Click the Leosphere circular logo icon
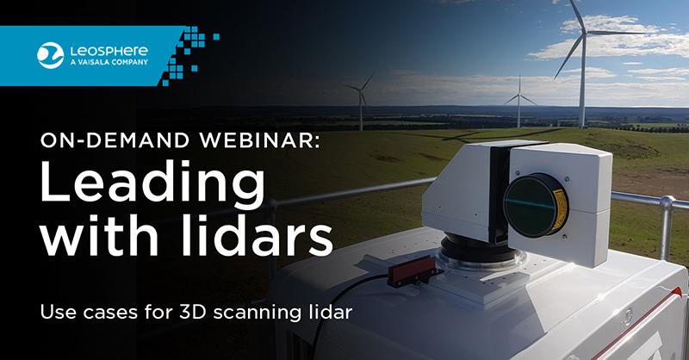coord(47,53)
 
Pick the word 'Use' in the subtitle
coord(59,312)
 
